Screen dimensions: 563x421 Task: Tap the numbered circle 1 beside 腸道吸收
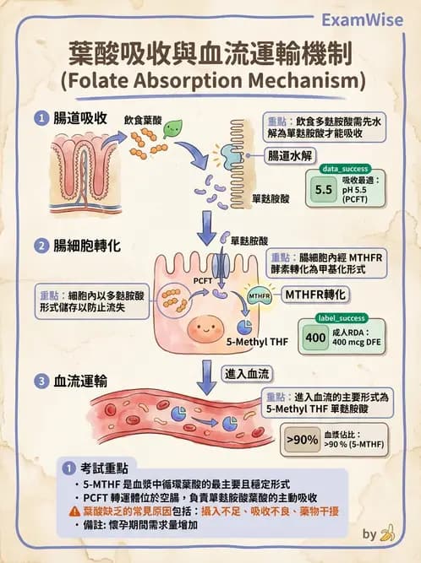pyautogui.click(x=41, y=119)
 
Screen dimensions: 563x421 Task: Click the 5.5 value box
pyautogui.click(x=323, y=189)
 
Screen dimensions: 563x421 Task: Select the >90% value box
pyautogui.click(x=302, y=439)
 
